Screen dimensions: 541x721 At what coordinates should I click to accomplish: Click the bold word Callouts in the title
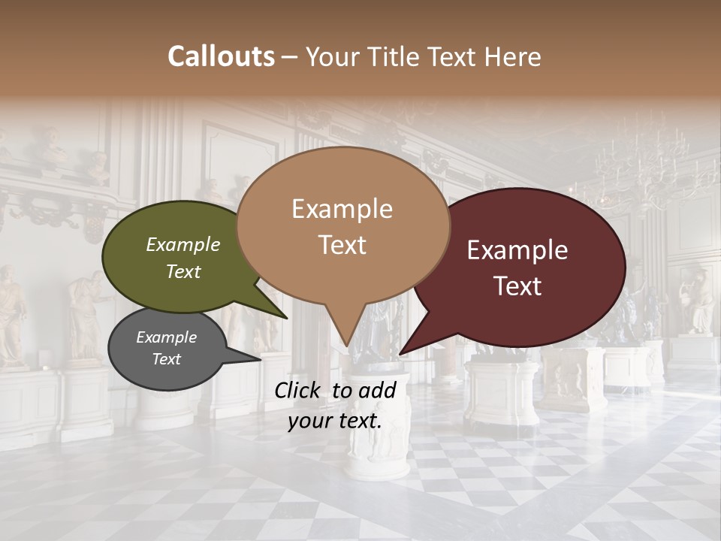point(221,56)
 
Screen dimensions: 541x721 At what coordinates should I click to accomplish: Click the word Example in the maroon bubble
point(517,250)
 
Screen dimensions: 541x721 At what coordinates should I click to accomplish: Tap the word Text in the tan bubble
point(342,245)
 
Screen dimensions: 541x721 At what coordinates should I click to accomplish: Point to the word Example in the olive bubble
point(183,244)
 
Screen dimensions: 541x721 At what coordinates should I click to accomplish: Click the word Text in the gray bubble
point(166,359)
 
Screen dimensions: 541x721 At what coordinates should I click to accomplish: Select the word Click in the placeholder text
point(298,390)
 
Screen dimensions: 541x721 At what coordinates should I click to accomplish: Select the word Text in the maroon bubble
point(517,286)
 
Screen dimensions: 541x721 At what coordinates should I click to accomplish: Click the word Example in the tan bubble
point(342,209)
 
